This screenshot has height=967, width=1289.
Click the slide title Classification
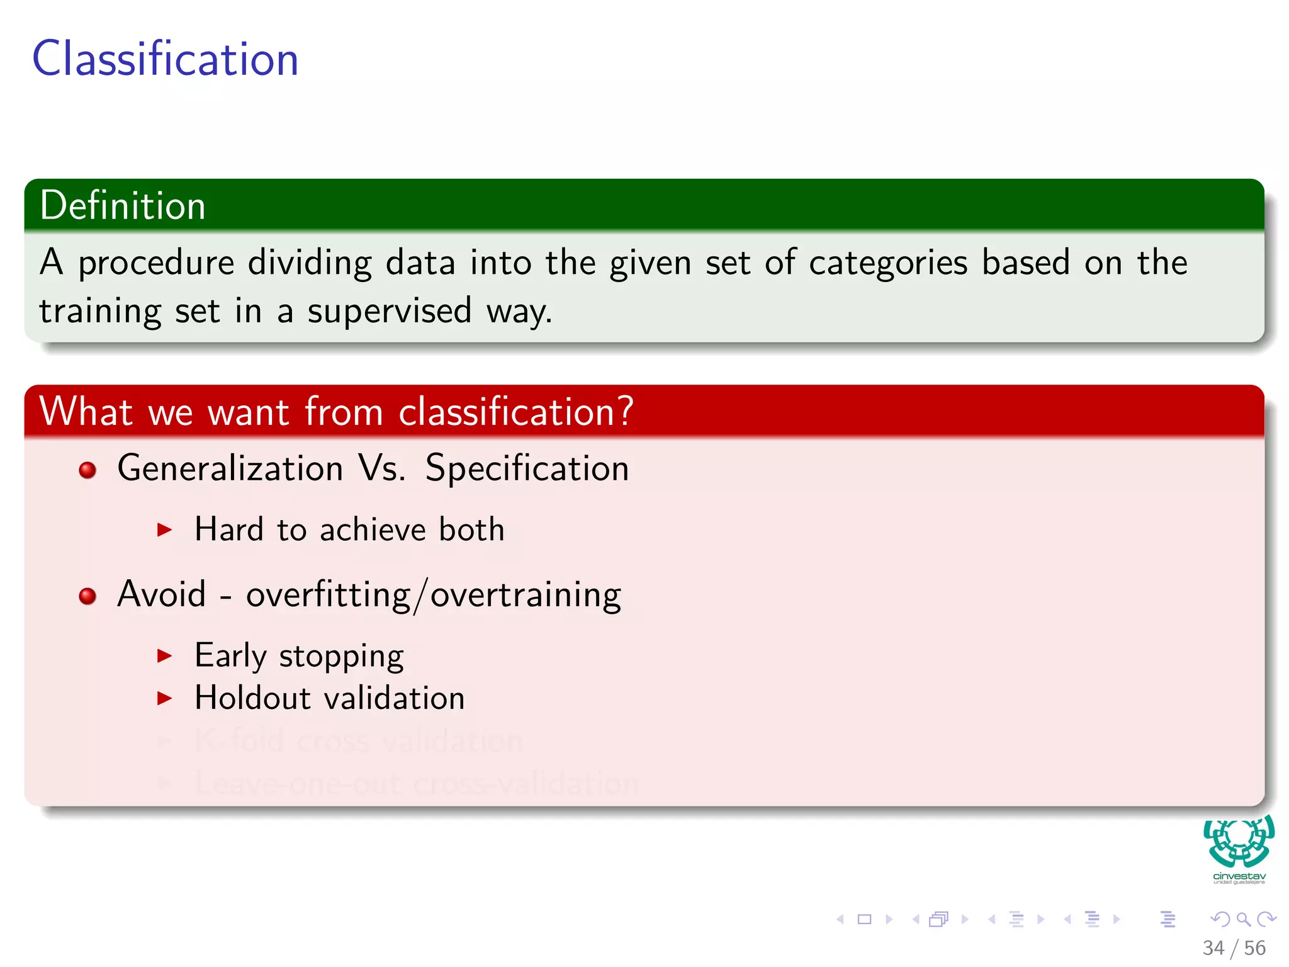point(165,59)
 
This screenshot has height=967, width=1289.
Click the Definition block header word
point(123,206)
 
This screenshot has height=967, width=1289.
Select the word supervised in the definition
point(389,311)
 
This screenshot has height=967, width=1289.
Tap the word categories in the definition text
point(887,263)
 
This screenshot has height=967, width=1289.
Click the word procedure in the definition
point(156,263)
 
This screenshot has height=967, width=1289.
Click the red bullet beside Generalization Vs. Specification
point(87,470)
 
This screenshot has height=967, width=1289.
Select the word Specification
point(527,468)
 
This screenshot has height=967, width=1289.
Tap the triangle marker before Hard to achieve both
point(164,529)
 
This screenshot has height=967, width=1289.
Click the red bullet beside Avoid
point(87,596)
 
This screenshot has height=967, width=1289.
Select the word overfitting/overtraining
point(433,595)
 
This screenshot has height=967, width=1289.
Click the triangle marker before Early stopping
point(164,656)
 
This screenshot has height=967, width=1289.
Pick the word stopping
point(341,657)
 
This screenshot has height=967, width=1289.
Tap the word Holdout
point(252,698)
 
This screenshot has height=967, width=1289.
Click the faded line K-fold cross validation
point(359,741)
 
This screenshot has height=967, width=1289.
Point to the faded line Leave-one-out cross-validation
point(416,784)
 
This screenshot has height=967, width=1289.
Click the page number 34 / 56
point(1234,947)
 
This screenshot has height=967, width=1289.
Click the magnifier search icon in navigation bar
point(1243,919)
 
